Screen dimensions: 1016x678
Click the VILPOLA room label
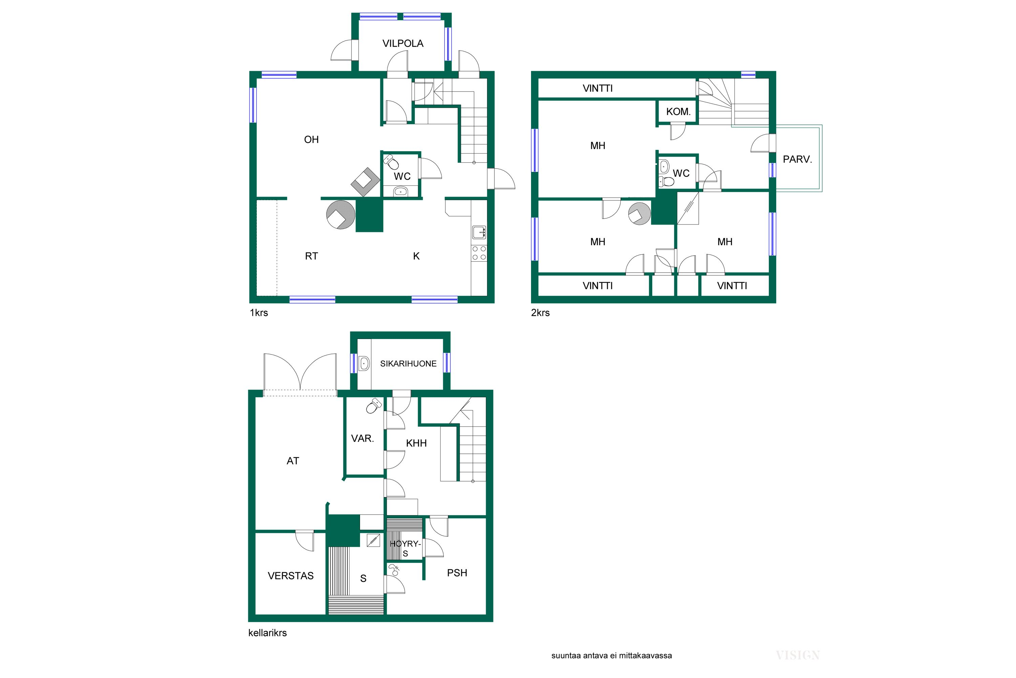[x=403, y=43]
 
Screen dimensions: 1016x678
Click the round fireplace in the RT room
[x=341, y=215]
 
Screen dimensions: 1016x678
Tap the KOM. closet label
[x=678, y=112]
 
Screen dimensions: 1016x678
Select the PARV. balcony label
[x=798, y=159]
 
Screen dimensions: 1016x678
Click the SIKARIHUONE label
[x=408, y=364]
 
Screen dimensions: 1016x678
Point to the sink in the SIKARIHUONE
[x=364, y=364]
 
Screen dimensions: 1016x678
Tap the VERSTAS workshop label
[x=291, y=576]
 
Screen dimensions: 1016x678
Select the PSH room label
[x=457, y=573]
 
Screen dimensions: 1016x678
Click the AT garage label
[x=293, y=461]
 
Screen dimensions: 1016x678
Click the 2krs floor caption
[x=541, y=313]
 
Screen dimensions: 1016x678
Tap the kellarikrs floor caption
[x=268, y=633]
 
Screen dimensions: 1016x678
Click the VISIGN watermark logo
[x=798, y=656]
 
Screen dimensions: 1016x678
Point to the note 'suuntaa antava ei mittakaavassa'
[x=612, y=656]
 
